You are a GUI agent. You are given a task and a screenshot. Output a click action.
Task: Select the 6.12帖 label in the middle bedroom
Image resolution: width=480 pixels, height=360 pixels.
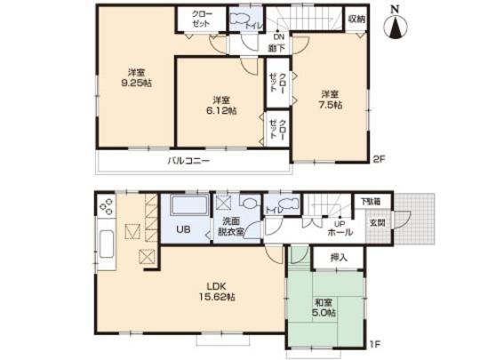222,105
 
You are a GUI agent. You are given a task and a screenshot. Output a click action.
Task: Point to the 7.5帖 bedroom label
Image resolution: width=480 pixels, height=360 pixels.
332,99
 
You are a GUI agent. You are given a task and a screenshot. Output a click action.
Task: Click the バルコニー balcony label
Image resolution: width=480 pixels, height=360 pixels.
189,162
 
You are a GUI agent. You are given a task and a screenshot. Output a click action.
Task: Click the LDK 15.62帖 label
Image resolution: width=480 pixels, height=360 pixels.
220,290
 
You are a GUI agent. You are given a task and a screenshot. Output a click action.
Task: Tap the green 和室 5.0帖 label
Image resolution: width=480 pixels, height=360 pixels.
324,308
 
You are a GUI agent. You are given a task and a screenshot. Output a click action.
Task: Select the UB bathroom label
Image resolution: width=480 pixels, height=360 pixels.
181,229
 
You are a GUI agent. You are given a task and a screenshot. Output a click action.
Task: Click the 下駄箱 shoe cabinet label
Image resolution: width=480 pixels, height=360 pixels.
367,204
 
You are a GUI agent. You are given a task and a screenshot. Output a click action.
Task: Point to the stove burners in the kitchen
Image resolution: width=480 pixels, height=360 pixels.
106,208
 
